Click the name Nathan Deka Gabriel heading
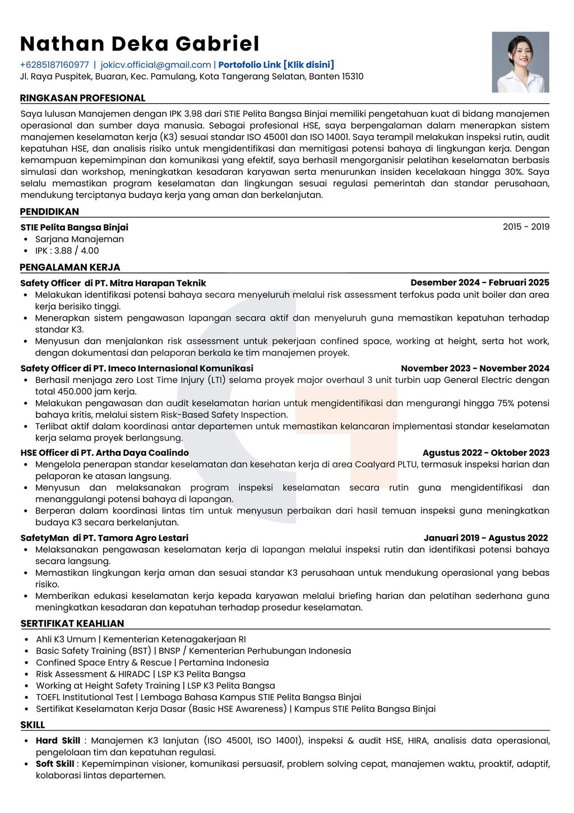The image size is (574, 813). (x=140, y=44)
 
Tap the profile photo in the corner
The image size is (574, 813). (x=520, y=62)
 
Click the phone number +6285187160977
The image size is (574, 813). (x=54, y=65)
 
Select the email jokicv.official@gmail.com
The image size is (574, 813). (x=156, y=65)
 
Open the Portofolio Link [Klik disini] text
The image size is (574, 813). (x=276, y=65)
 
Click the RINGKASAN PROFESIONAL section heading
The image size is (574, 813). (x=82, y=98)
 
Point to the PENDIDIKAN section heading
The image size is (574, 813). (x=49, y=212)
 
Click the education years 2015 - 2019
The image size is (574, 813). (x=526, y=227)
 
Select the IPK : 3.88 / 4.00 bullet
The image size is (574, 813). (x=67, y=251)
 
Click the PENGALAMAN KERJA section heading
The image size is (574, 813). (x=70, y=267)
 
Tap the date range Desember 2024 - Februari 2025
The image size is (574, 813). (x=479, y=283)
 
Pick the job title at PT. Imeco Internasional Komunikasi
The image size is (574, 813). (x=137, y=368)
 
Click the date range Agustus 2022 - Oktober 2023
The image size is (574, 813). (x=485, y=453)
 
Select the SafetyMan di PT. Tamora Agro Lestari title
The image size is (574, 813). (x=104, y=538)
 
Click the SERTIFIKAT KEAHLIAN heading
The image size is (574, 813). (x=72, y=623)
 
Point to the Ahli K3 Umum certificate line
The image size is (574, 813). (x=141, y=639)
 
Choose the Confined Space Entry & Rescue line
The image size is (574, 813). (x=152, y=663)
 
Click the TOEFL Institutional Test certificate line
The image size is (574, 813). (x=198, y=697)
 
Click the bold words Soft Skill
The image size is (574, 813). (x=55, y=764)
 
